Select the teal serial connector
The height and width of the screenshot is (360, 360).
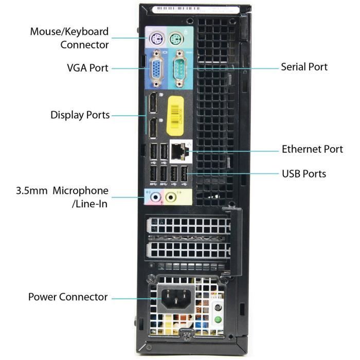pyautogui.click(x=178, y=66)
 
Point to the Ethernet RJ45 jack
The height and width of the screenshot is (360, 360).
pyautogui.click(x=178, y=150)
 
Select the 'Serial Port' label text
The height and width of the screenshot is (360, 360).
pyautogui.click(x=304, y=67)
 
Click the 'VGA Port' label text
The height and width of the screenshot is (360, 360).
pyautogui.click(x=87, y=68)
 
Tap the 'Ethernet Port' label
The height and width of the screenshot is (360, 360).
pyautogui.click(x=312, y=149)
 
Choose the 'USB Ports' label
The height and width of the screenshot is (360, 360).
pyautogui.click(x=303, y=173)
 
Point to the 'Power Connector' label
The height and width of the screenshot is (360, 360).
pyautogui.click(x=68, y=297)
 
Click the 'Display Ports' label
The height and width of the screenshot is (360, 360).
pyautogui.click(x=80, y=115)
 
